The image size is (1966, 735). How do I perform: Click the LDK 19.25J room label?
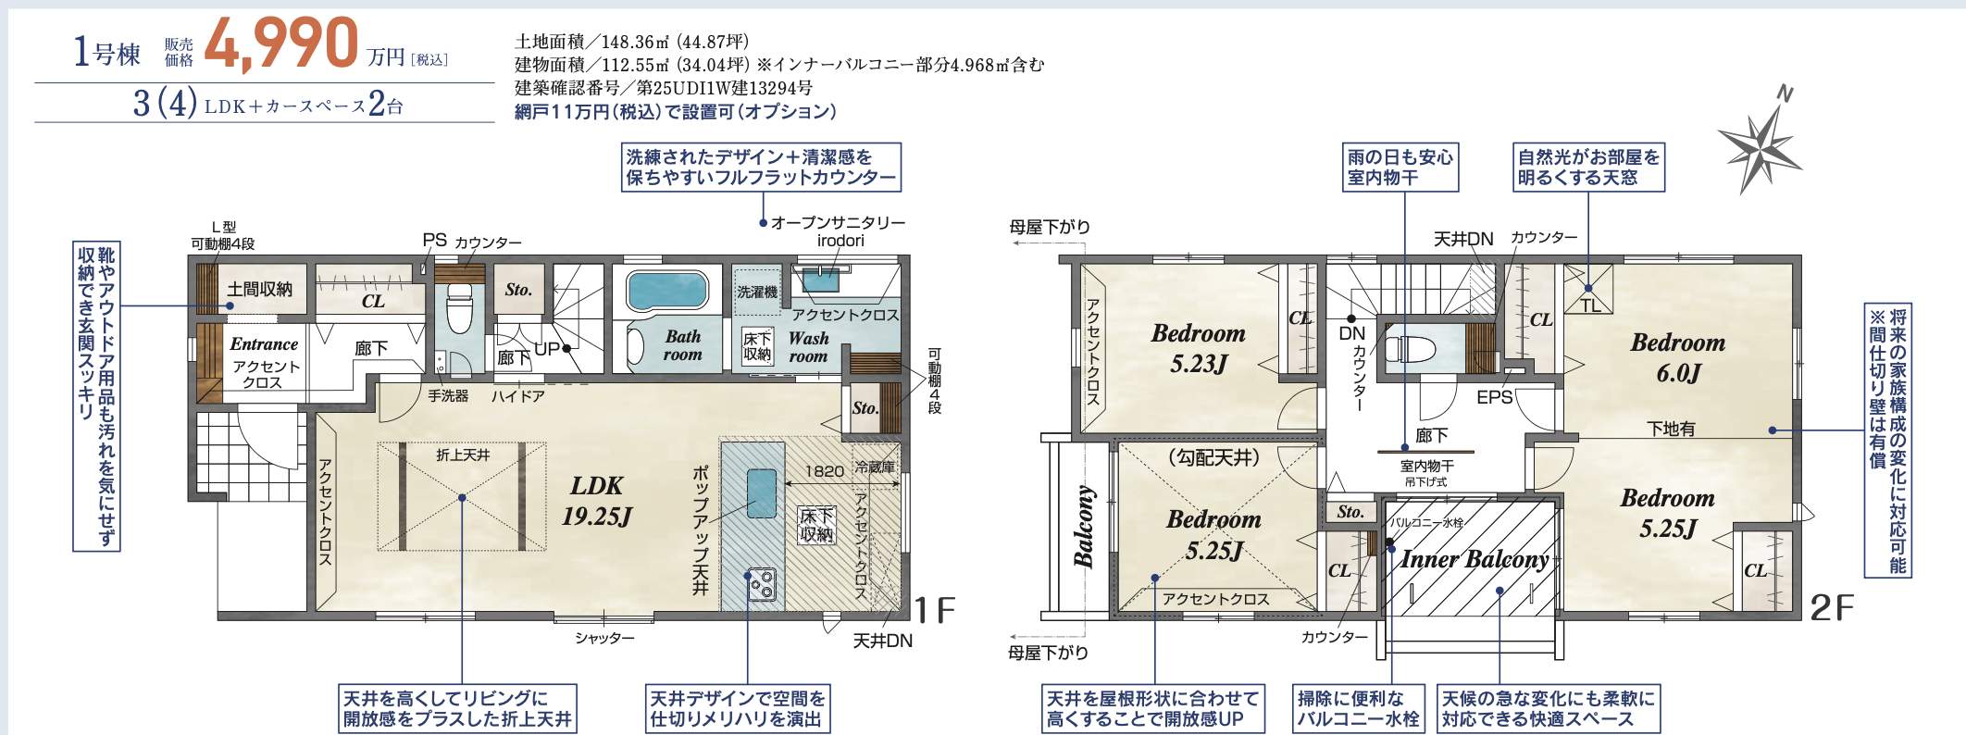pyautogui.click(x=596, y=500)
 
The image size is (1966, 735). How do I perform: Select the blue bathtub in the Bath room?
pyautogui.click(x=666, y=290)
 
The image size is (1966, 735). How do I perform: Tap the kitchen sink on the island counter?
pyautogui.click(x=761, y=493)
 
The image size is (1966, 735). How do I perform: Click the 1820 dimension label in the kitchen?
pyautogui.click(x=824, y=471)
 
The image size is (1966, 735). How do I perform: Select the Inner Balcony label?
pyautogui.click(x=1474, y=559)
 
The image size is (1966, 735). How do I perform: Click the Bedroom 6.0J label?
pyautogui.click(x=1677, y=357)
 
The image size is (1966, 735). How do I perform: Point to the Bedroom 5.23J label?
pyautogui.click(x=1198, y=348)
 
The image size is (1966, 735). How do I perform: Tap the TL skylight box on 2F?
pyautogui.click(x=1589, y=290)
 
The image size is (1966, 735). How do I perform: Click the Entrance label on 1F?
pyautogui.click(x=264, y=344)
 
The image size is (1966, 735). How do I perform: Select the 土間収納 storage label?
pyautogui.click(x=260, y=290)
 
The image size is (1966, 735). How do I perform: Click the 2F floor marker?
pyautogui.click(x=1832, y=608)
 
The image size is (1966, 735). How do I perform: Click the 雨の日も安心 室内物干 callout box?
pyautogui.click(x=1400, y=168)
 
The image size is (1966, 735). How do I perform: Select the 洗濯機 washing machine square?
pyautogui.click(x=757, y=292)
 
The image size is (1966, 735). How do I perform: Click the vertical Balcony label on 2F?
pyautogui.click(x=1083, y=526)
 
